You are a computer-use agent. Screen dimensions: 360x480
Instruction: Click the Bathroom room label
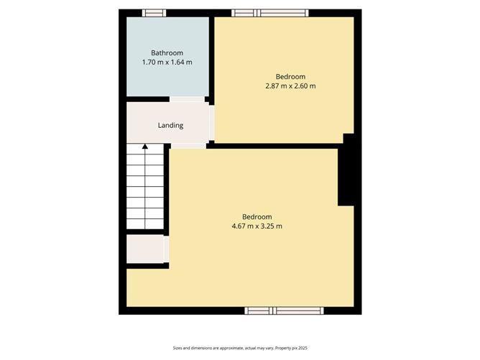point(167,52)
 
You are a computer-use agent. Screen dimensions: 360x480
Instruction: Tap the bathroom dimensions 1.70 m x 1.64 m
point(167,63)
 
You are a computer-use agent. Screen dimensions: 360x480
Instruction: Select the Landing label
point(170,125)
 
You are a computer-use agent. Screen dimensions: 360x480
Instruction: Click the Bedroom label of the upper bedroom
point(291,76)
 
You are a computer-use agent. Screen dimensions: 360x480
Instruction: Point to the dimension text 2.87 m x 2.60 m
point(290,86)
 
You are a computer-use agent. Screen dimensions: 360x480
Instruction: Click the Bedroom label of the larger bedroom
point(257,217)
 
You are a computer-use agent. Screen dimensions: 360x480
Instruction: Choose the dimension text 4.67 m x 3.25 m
point(257,227)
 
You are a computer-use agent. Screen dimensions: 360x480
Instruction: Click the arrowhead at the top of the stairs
point(145,147)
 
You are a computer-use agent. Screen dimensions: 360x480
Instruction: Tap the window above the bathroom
point(154,13)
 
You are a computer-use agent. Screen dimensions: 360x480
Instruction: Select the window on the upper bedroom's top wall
point(270,13)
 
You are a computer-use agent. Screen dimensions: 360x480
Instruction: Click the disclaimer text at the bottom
point(240,348)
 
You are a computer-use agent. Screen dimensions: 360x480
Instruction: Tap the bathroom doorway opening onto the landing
point(187,99)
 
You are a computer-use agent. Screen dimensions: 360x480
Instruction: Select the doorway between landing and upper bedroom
point(212,124)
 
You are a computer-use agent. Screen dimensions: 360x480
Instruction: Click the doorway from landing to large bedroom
point(188,146)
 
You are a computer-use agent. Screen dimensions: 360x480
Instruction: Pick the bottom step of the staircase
point(145,226)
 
